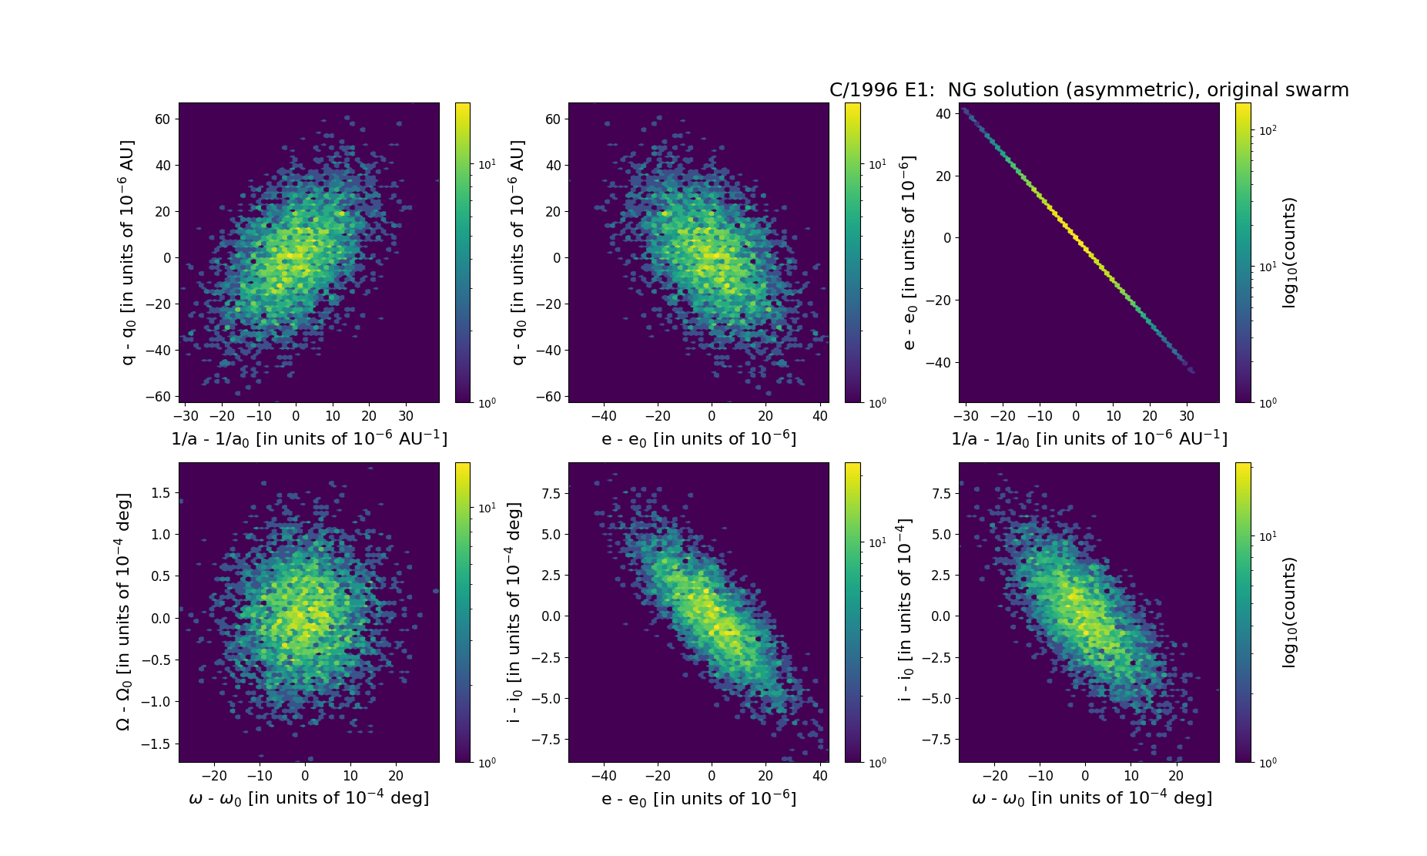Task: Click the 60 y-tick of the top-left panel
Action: click(x=162, y=119)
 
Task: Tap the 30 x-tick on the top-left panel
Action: click(x=406, y=416)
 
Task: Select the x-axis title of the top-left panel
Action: click(x=309, y=438)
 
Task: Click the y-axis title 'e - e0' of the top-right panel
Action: click(x=909, y=252)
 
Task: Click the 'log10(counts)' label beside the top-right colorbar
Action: click(x=1289, y=252)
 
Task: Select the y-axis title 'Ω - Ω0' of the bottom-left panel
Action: click(x=123, y=612)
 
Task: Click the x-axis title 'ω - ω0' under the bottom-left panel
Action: click(x=309, y=798)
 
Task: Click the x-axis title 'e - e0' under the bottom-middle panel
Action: click(x=698, y=798)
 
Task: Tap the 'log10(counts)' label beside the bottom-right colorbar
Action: click(x=1289, y=612)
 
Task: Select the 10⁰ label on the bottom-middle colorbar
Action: click(x=877, y=762)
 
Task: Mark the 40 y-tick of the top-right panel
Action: click(x=945, y=114)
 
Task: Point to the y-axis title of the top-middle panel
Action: click(x=518, y=252)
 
